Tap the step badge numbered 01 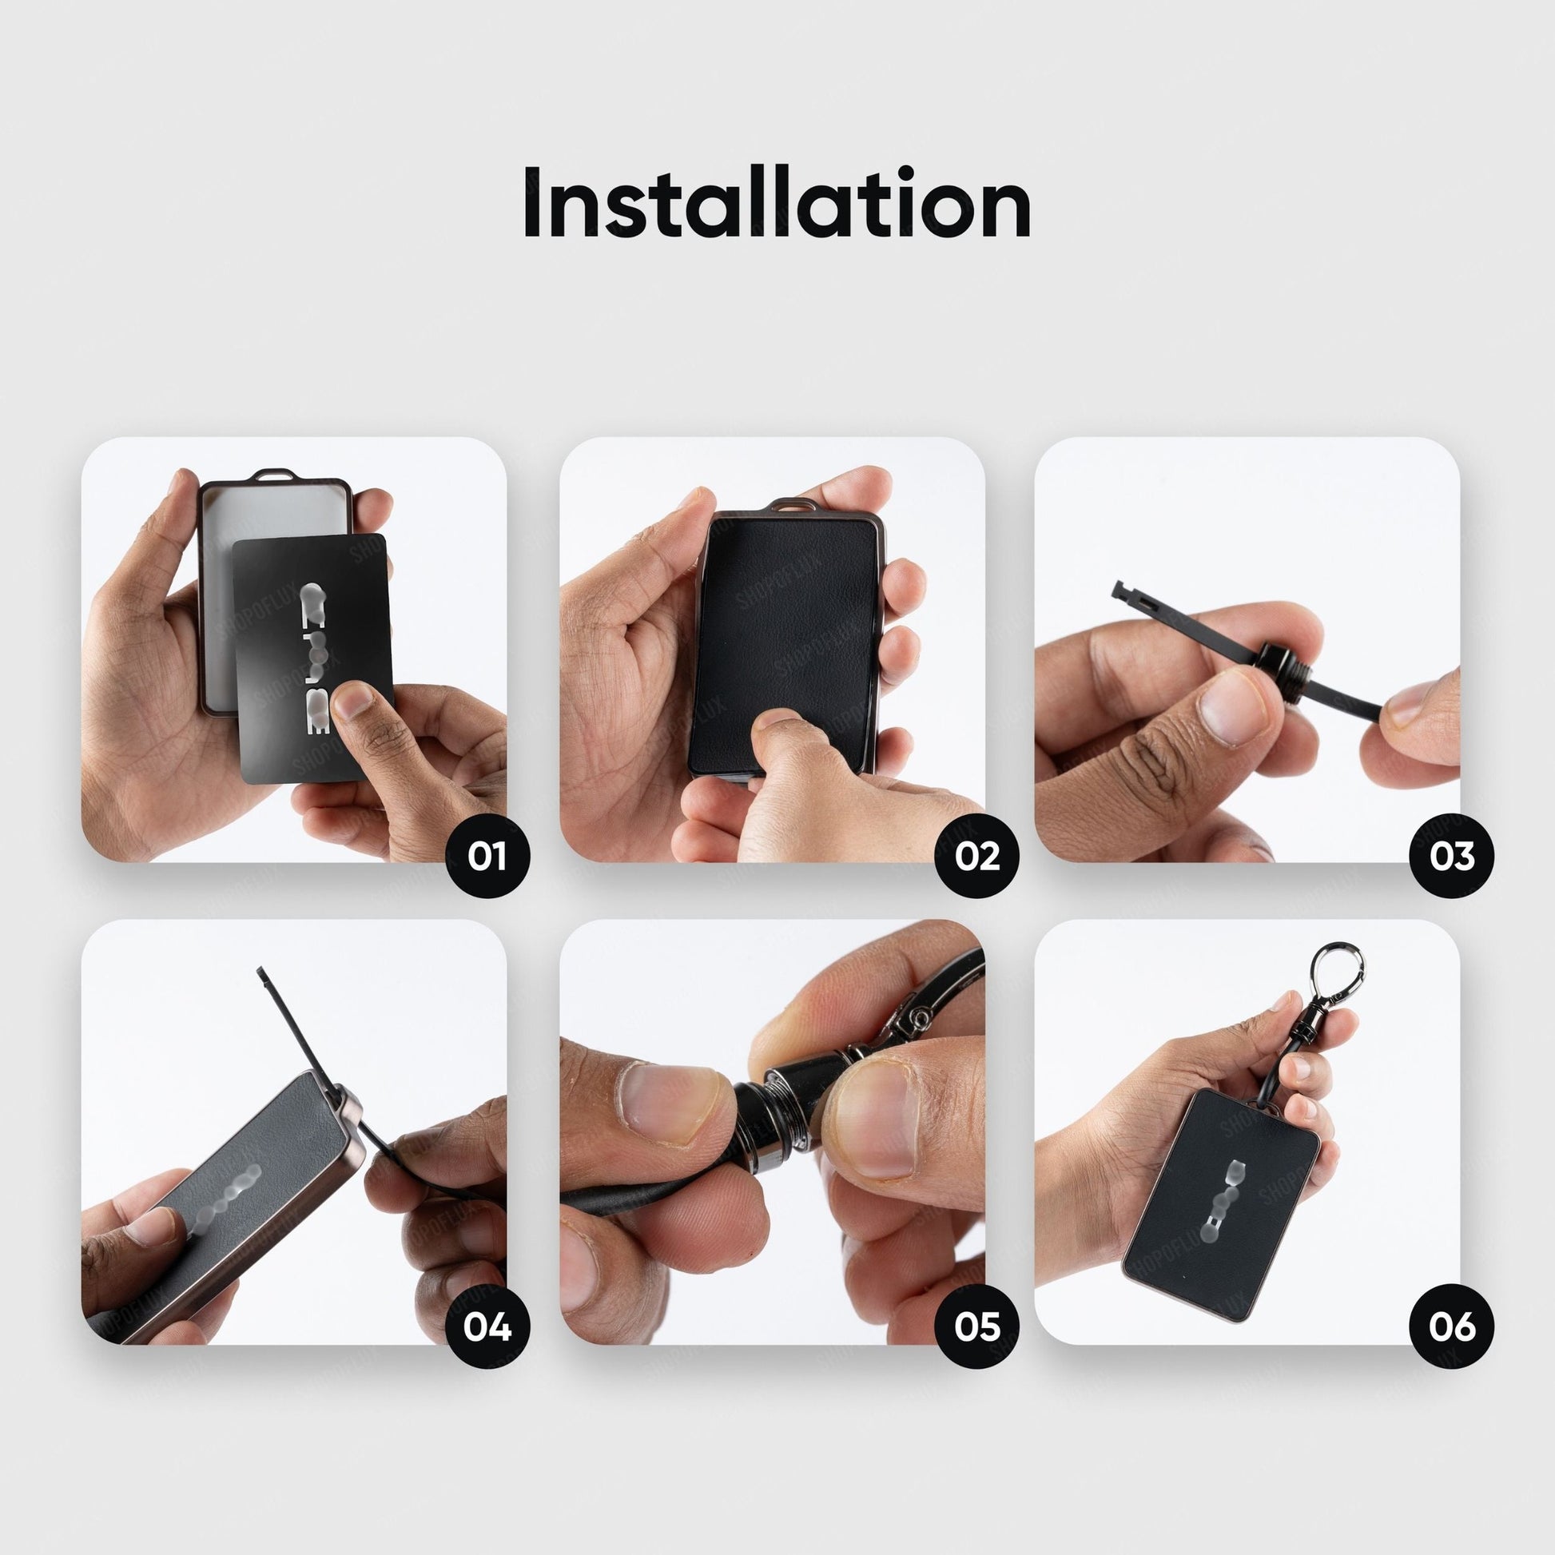487,856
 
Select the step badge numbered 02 977,856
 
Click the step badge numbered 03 1452,856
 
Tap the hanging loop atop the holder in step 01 273,474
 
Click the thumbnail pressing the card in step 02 777,718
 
